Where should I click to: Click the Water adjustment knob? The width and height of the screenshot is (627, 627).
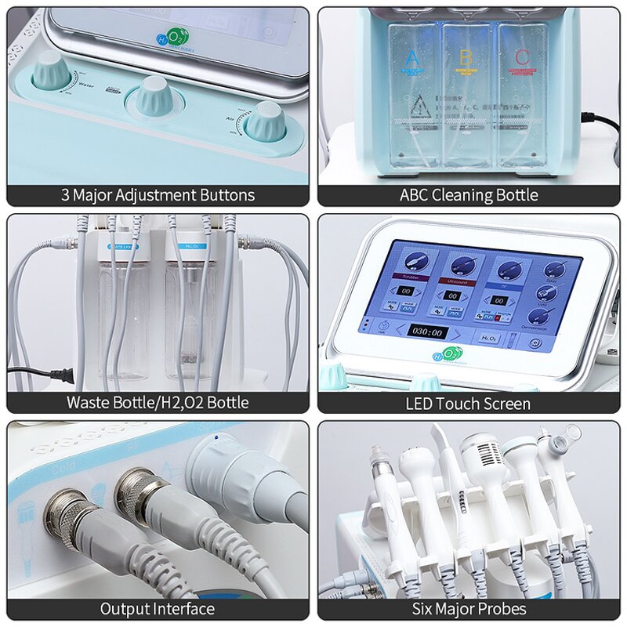51,72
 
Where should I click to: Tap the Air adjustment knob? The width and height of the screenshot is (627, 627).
265,121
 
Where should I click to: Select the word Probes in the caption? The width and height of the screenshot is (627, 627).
502,608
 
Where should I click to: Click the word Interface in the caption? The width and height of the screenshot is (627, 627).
181,608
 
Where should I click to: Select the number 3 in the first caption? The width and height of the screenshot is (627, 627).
66,194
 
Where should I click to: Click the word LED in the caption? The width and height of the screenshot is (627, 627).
420,404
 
